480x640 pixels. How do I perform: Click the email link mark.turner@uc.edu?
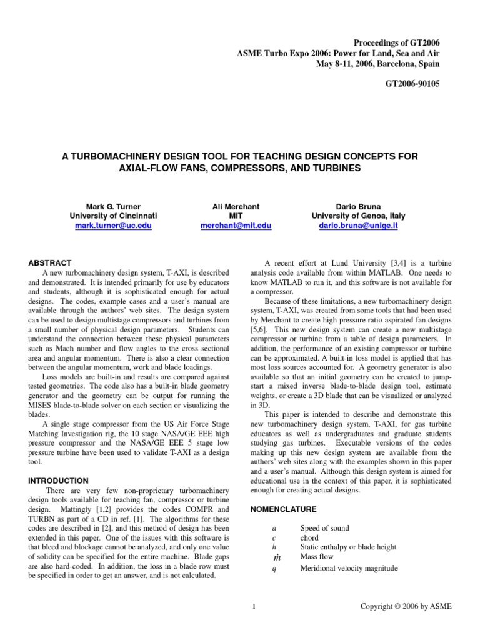pyautogui.click(x=112, y=226)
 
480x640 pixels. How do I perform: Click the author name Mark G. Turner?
pyautogui.click(x=112, y=206)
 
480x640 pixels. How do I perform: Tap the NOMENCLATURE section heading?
pyautogui.click(x=279, y=509)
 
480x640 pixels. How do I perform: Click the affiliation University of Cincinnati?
pyautogui.click(x=112, y=216)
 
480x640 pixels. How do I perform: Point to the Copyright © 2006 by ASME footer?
pyautogui.click(x=406, y=606)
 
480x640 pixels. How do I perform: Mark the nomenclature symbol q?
pyautogui.click(x=274, y=569)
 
